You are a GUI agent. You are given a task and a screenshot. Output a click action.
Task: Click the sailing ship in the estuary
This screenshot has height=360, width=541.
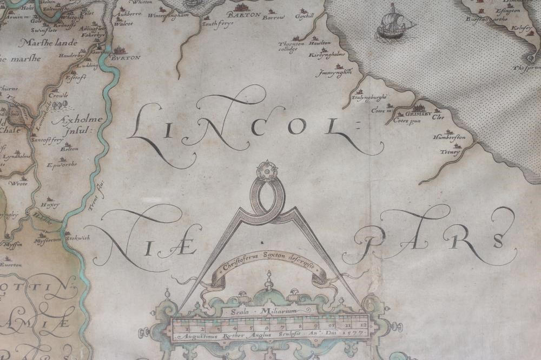[393, 23]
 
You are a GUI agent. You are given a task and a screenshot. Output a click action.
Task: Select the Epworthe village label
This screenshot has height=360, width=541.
[61, 165]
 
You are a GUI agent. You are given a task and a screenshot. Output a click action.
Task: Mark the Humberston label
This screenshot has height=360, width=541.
[448, 138]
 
